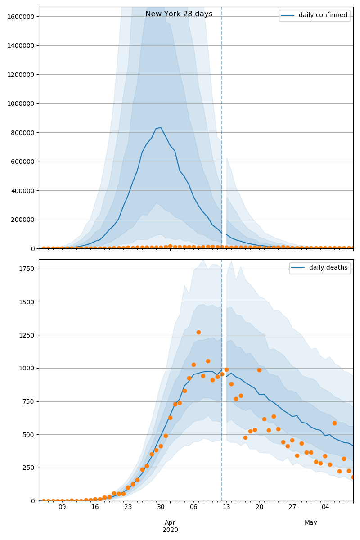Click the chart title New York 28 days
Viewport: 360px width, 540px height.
(179, 14)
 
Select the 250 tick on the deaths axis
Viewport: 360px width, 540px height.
(29, 468)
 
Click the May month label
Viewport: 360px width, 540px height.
(310, 522)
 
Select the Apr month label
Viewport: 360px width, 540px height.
(170, 522)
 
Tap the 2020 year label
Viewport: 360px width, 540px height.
(170, 530)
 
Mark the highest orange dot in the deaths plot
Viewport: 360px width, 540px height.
(198, 332)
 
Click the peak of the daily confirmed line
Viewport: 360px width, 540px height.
(161, 127)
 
